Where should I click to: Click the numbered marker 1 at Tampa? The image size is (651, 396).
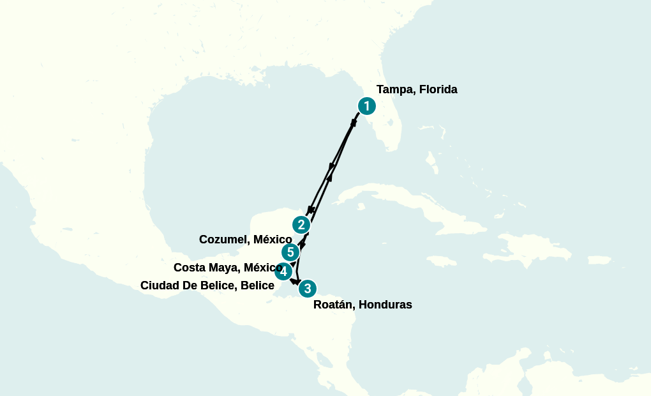click(x=366, y=105)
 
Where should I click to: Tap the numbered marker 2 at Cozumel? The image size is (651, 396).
click(x=301, y=225)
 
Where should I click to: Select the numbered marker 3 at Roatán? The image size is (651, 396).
click(x=308, y=289)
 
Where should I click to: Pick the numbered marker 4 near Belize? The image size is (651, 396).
click(x=283, y=271)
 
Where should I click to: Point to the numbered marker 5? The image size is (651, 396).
click(x=290, y=252)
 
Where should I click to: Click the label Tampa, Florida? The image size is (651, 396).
click(x=417, y=89)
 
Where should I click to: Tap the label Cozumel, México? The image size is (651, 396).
click(x=245, y=240)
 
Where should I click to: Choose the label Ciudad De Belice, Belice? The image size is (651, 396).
click(x=207, y=286)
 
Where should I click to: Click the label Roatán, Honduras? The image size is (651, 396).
click(x=363, y=305)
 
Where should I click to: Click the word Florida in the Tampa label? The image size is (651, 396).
click(x=437, y=89)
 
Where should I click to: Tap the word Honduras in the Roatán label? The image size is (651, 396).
click(x=385, y=305)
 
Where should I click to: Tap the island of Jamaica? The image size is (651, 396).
click(x=440, y=261)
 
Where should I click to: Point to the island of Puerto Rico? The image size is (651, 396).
click(x=599, y=260)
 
